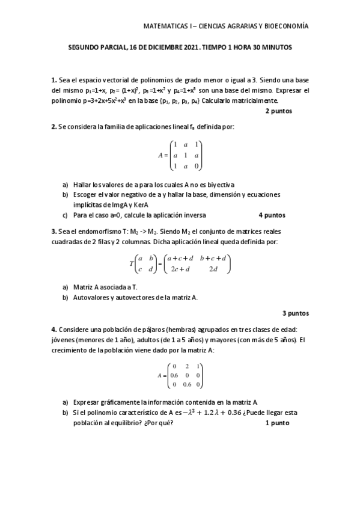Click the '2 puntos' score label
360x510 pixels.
[x=278, y=111]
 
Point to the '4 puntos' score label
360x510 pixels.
[x=272, y=215]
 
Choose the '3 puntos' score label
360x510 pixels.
[x=295, y=313]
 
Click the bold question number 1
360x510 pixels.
[x=53, y=80]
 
